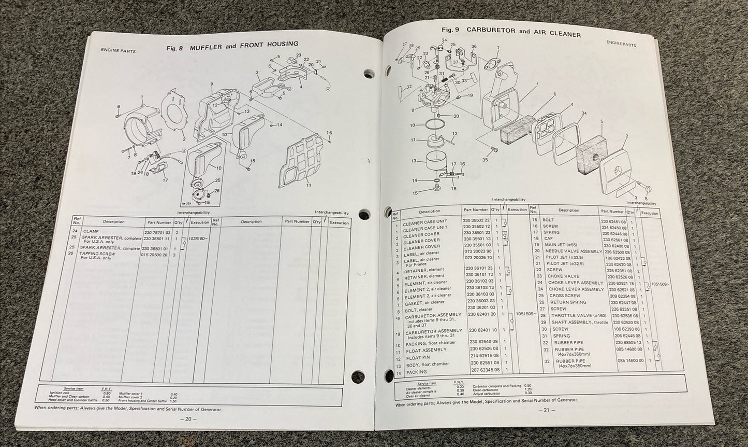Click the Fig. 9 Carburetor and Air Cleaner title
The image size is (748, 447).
tap(510, 31)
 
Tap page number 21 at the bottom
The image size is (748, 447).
tap(546, 410)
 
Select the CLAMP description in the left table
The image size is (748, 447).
tap(91, 231)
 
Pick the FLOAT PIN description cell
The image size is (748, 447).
tap(418, 358)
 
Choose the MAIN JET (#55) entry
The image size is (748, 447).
tap(562, 244)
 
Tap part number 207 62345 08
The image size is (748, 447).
tap(486, 370)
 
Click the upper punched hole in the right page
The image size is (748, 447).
tap(368, 73)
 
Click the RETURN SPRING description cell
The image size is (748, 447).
tap(568, 302)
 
